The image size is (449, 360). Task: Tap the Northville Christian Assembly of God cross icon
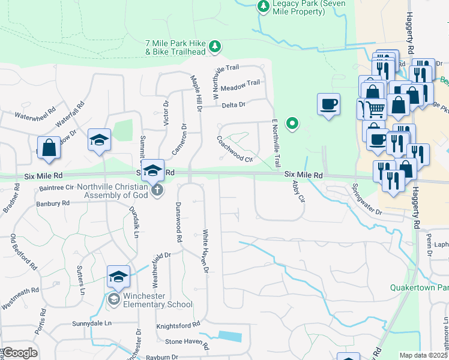(x=157, y=190)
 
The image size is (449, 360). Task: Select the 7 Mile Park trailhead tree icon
(x=214, y=46)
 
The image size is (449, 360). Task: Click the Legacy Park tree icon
(x=263, y=6)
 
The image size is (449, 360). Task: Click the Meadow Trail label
(x=240, y=85)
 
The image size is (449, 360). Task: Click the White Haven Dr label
(x=205, y=252)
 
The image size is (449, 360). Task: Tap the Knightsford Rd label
(x=178, y=325)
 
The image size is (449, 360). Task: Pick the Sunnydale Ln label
(x=92, y=323)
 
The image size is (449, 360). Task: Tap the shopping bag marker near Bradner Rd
(x=49, y=148)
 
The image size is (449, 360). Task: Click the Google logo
(x=20, y=353)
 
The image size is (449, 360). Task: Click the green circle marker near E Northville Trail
(x=292, y=124)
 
